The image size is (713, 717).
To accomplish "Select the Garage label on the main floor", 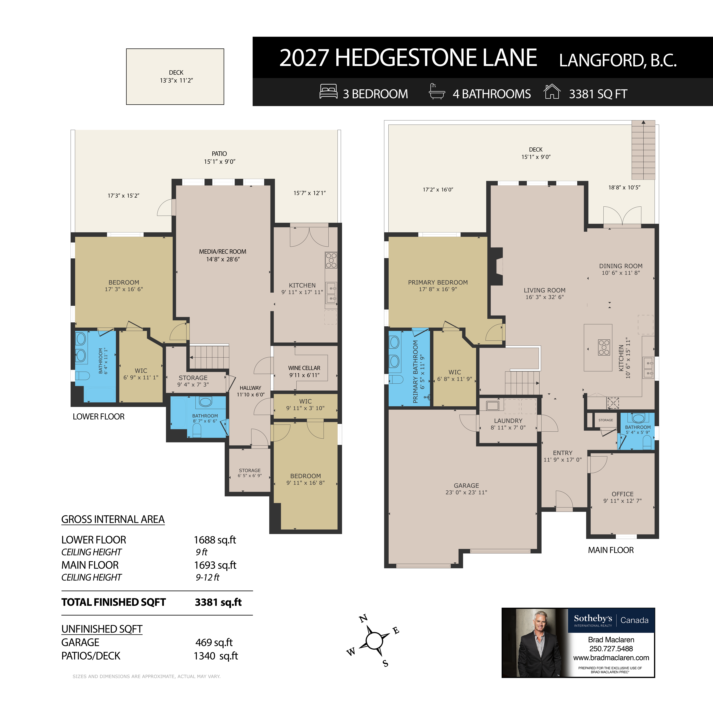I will click(466, 485).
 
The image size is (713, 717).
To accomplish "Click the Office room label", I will click(622, 494).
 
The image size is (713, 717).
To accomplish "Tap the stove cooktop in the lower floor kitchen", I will click(331, 260).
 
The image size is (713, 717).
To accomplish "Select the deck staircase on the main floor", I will click(643, 150).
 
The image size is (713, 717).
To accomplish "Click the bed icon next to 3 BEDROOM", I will click(328, 92).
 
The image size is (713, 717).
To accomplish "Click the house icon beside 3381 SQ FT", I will click(552, 92).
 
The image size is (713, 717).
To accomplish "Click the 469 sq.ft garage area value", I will click(214, 642).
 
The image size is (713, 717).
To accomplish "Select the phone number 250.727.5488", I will click(611, 649).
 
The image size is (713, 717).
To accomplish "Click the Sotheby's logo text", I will click(593, 618).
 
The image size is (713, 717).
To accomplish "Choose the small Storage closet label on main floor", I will click(606, 420).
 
